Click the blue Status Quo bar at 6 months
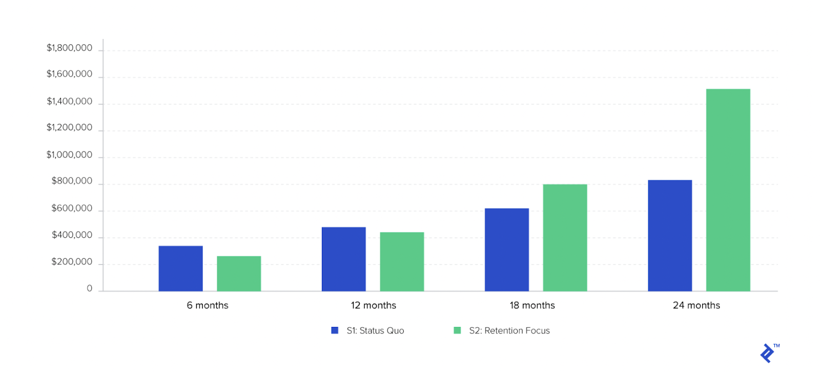click(x=180, y=268)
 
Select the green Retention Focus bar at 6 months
click(x=239, y=274)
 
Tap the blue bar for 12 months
click(x=343, y=259)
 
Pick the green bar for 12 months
click(x=402, y=262)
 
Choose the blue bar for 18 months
click(x=506, y=250)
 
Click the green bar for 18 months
click(x=565, y=238)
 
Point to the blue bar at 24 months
click(x=670, y=236)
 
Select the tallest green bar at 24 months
click(x=728, y=190)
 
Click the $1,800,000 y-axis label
click(x=70, y=48)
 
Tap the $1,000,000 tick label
click(x=70, y=155)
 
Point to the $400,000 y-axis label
click(x=72, y=235)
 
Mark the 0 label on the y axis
click(x=90, y=288)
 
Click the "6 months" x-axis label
click(x=208, y=305)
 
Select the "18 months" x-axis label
click(x=532, y=305)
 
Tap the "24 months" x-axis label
click(x=696, y=305)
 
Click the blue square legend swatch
click(x=335, y=330)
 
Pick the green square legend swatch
click(x=457, y=330)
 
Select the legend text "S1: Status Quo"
click(x=375, y=331)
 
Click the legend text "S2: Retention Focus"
click(x=509, y=331)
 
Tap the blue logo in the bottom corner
click(x=767, y=354)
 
